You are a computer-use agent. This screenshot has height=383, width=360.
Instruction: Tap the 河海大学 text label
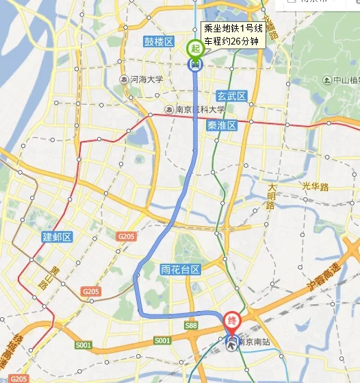pos(146,79)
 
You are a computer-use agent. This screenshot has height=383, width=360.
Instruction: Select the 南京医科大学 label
pos(199,110)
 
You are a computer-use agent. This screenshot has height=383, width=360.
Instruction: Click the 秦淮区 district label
pos(221,125)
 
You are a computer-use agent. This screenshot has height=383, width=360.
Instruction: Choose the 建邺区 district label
pos(57,237)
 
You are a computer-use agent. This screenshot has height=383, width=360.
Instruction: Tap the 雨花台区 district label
pos(179,269)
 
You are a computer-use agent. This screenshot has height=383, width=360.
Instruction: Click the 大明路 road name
pos(272,191)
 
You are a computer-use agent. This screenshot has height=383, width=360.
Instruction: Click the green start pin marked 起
pos(195,49)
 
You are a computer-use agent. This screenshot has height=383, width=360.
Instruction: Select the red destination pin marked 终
pos(233,320)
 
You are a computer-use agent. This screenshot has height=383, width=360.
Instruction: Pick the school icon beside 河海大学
pos(123,79)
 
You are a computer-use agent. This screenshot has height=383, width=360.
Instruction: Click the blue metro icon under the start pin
pos(195,64)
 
